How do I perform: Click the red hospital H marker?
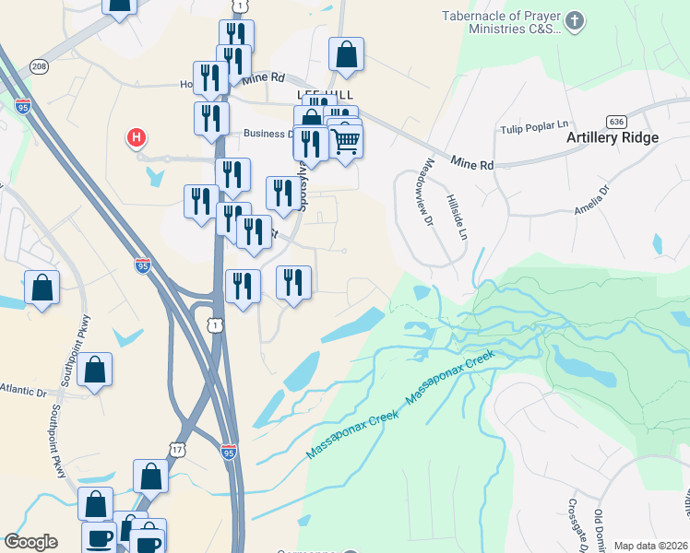coord(137,138)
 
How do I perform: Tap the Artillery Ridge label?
coord(613,138)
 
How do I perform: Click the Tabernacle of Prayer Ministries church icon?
coord(574,20)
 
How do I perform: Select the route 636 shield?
coord(617,121)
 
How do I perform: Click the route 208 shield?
coord(39,66)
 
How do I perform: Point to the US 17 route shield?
coord(178,449)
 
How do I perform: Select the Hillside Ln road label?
coord(453,213)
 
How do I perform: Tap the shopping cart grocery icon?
coord(345,142)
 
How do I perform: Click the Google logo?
coord(30,542)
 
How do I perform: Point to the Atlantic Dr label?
coord(21,389)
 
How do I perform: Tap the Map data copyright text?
coord(651,546)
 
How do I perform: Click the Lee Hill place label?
coord(319,95)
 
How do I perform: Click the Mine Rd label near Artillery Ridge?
coord(472,163)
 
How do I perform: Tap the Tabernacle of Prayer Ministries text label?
coord(501,22)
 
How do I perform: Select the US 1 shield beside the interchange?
coord(214,324)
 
